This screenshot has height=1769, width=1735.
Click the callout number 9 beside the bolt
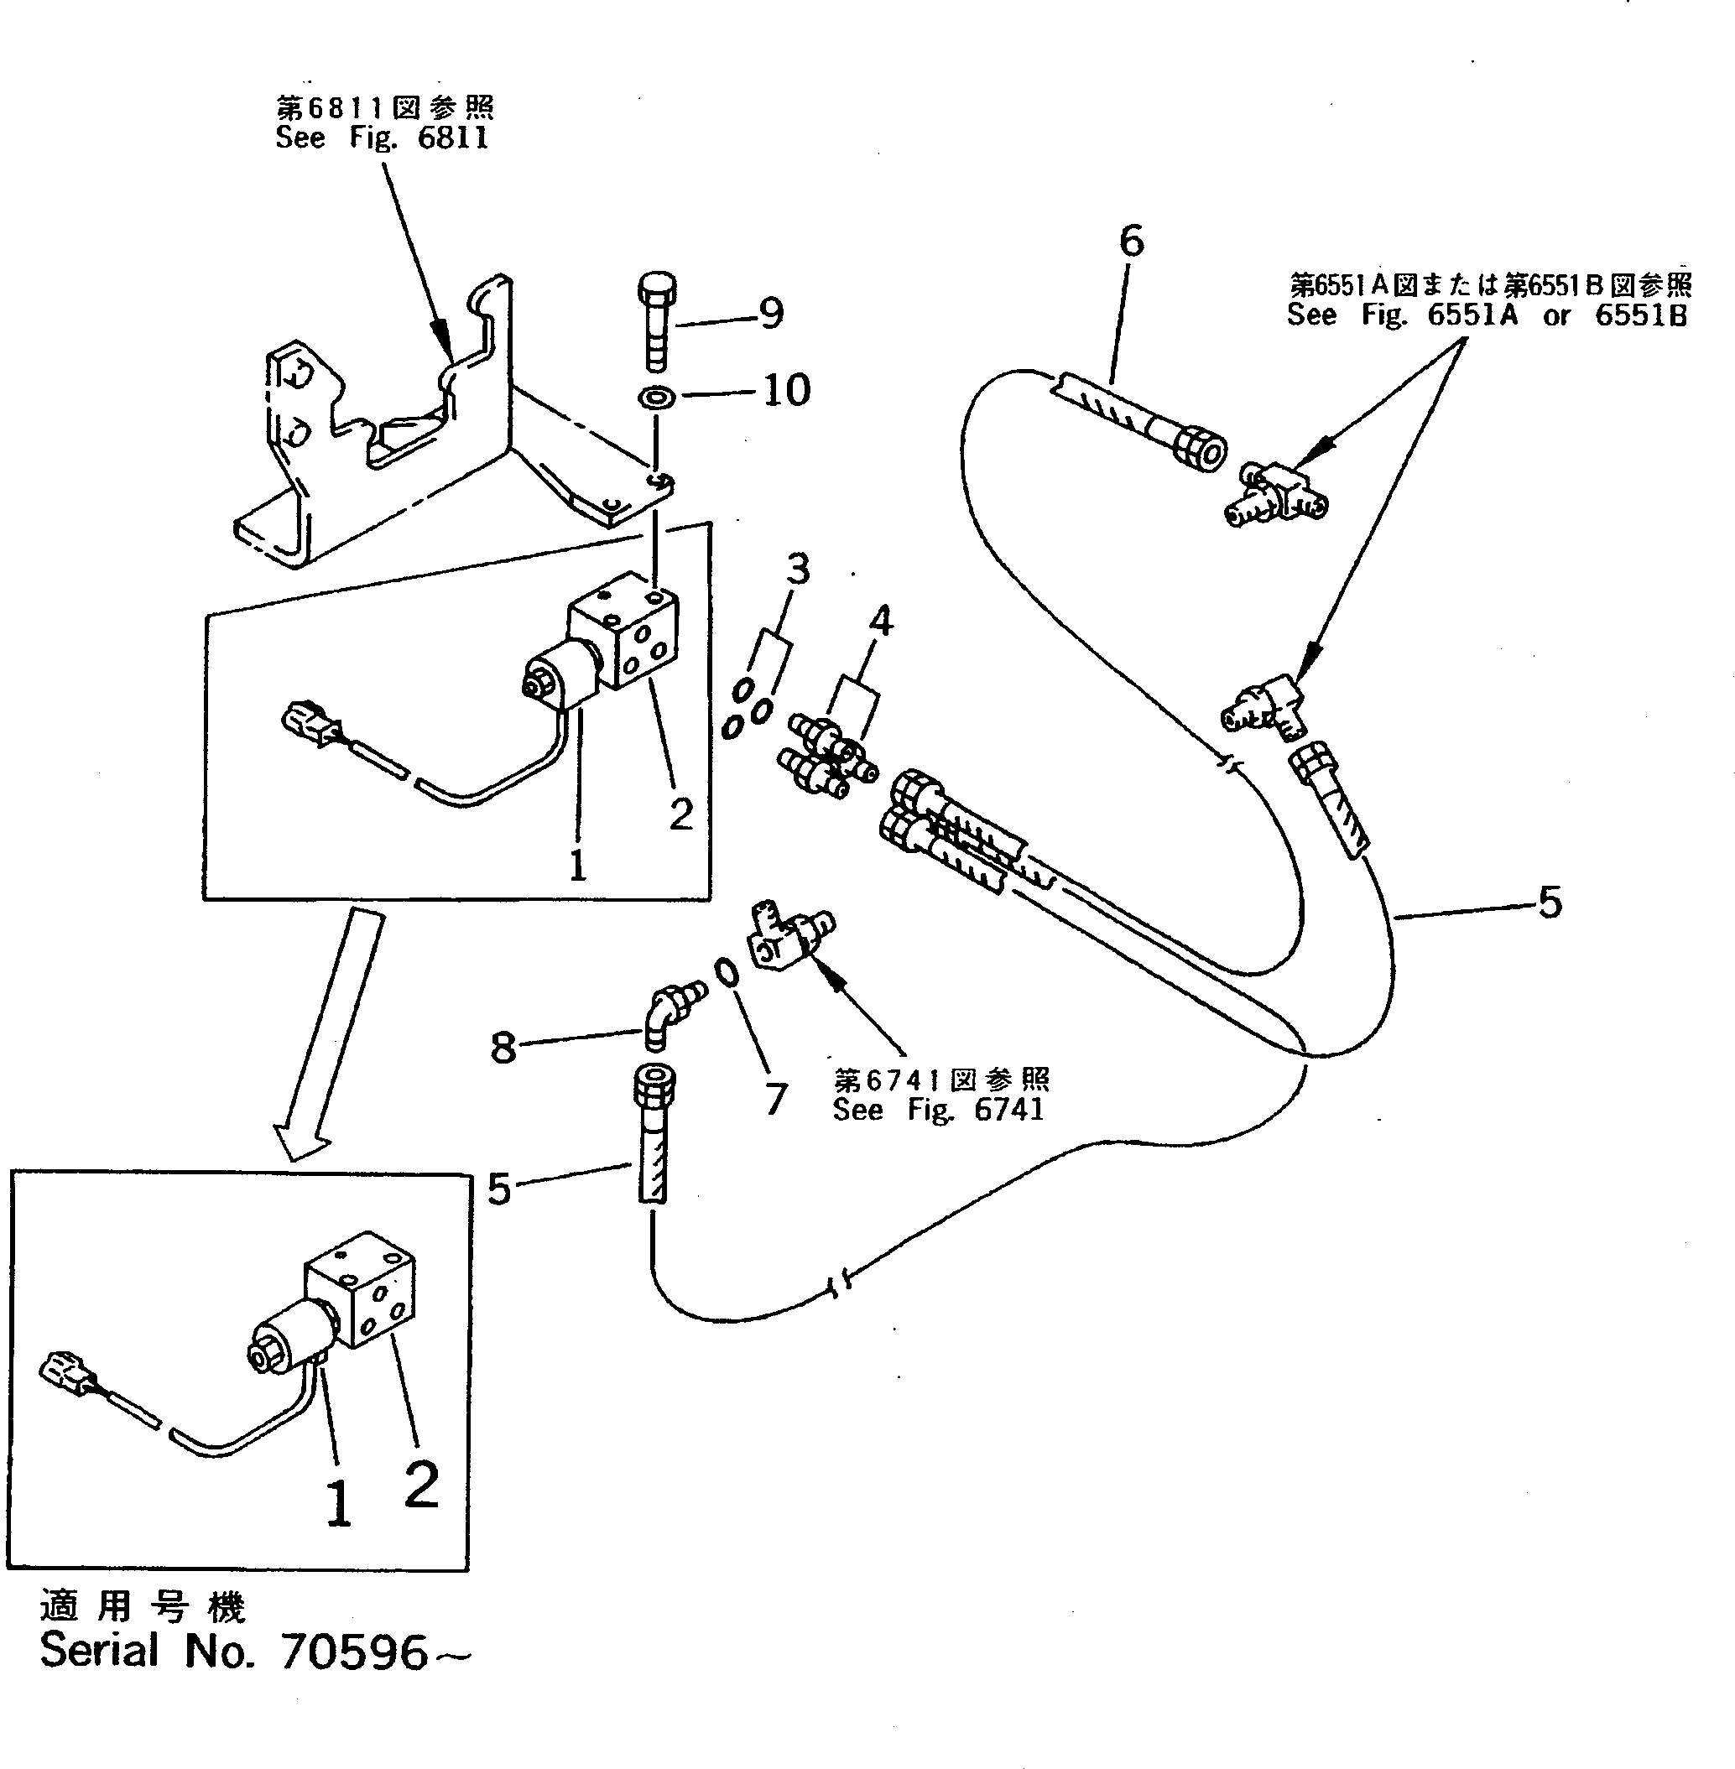coord(771,315)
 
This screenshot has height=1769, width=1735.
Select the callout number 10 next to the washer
coord(785,391)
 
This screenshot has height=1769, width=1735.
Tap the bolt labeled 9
coord(656,321)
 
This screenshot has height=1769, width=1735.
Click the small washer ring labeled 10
coord(656,398)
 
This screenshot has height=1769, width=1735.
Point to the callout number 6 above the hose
coord(1131,242)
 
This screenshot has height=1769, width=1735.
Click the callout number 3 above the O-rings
coord(798,570)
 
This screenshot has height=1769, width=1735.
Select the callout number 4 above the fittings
coord(880,622)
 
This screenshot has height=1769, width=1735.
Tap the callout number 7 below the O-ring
coord(774,1100)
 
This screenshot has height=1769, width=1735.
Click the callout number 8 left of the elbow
coord(503,1048)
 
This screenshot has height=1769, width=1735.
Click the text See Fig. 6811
coord(383,138)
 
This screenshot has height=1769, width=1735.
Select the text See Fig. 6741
coord(938,1110)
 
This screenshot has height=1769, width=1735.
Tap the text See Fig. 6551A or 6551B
coord(1488,315)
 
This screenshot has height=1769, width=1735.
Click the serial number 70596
coord(356,1652)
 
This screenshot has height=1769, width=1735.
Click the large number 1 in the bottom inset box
coord(339,1503)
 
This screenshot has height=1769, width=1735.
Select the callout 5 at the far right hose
coord(1549,902)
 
